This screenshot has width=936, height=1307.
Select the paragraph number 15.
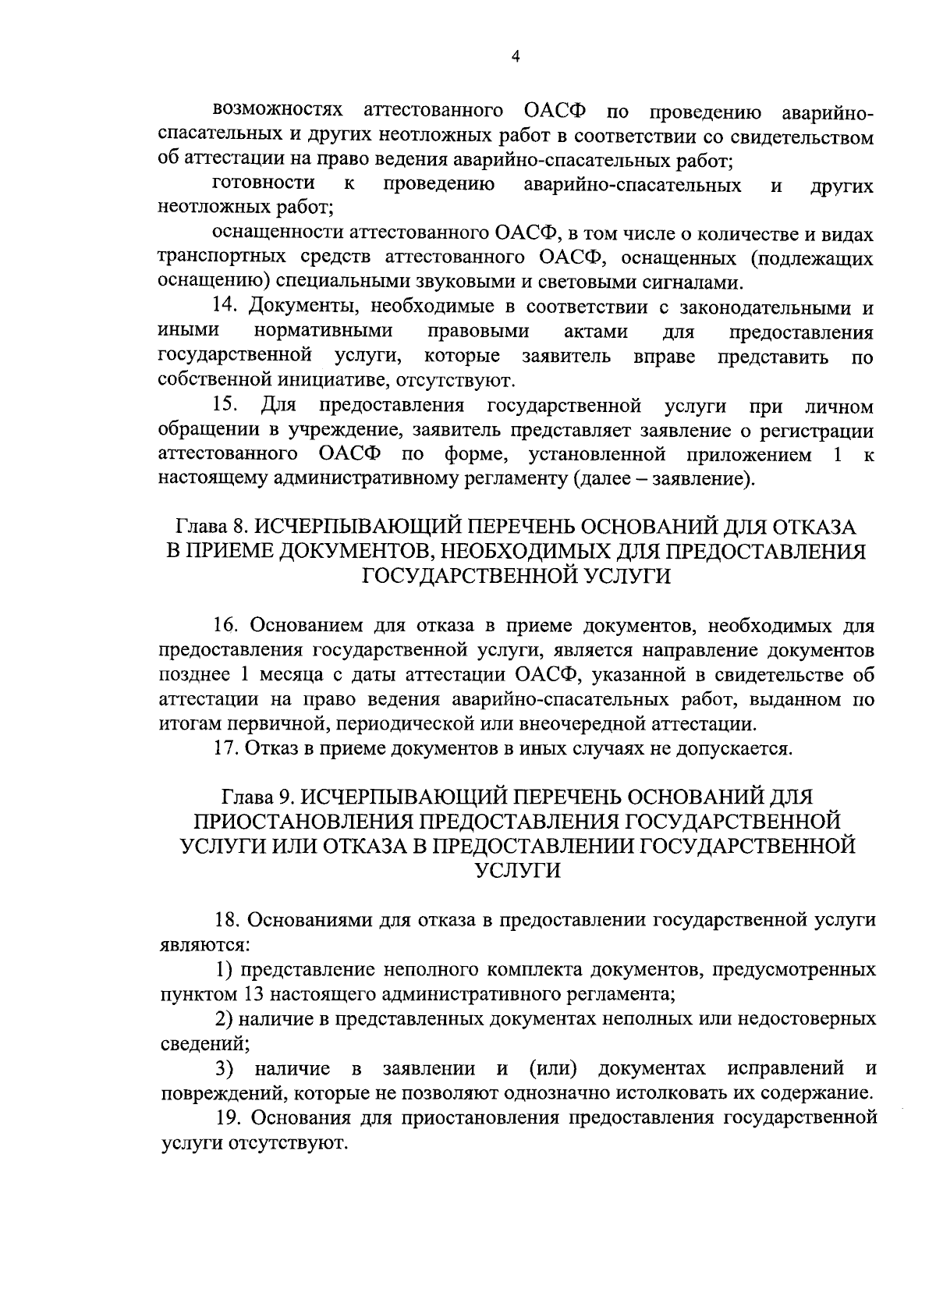pos(226,406)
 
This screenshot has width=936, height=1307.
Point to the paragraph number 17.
pos(225,748)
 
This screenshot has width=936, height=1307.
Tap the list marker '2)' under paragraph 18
pos(225,1018)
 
